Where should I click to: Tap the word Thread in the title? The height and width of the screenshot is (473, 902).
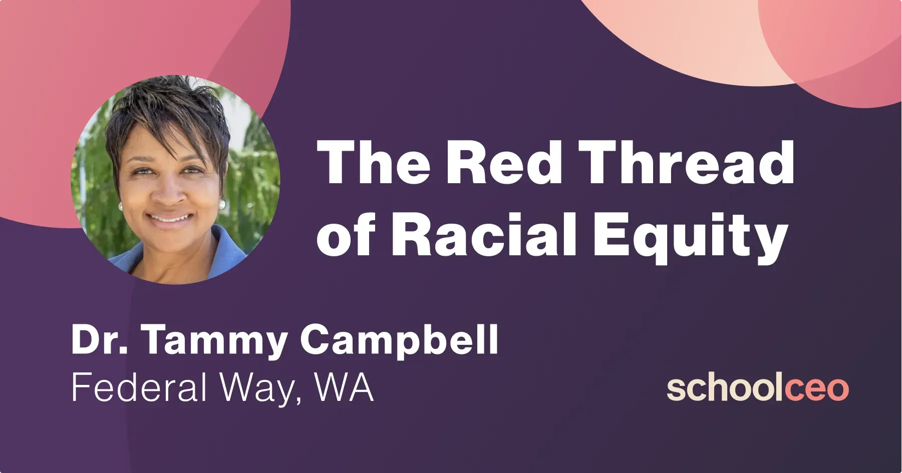click(689, 162)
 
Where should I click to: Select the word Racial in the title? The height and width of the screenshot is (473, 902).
click(483, 234)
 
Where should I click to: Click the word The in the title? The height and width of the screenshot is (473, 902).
click(373, 162)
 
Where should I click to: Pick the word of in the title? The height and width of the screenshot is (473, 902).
click(346, 235)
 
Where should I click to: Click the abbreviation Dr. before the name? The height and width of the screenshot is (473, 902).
click(100, 339)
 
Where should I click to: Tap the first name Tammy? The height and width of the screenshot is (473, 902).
click(213, 342)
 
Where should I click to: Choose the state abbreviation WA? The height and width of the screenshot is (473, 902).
click(345, 387)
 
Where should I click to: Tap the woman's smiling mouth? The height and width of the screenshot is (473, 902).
click(170, 219)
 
